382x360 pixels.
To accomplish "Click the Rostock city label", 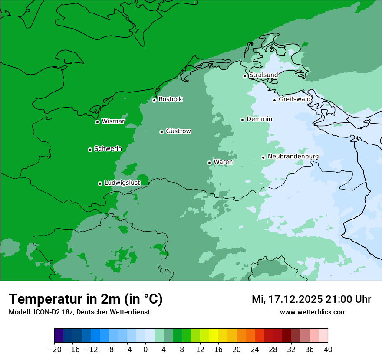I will click(170, 99).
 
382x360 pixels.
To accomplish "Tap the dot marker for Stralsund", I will click(245, 76).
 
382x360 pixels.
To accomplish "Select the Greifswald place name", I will click(295, 99).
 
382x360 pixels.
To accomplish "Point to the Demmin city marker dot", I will click(242, 120).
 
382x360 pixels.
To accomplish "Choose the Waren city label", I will click(223, 162).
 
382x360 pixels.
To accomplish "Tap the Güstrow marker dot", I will click(161, 132).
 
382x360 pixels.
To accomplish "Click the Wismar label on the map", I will click(112, 121).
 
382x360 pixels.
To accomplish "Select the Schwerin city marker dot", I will click(90, 150).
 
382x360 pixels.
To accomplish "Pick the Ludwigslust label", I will click(122, 183).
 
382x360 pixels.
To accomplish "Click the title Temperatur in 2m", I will click(86, 299).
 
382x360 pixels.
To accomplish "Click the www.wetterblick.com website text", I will click(313, 312).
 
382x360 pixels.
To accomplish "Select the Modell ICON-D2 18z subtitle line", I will click(79, 312).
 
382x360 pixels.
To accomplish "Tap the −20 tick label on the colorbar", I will click(54, 350).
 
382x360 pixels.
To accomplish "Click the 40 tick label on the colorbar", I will click(328, 350).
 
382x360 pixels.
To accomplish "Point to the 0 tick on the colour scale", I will click(145, 350).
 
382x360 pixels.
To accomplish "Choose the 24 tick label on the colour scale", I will click(255, 350).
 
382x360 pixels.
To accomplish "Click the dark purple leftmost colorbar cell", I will click(59, 336).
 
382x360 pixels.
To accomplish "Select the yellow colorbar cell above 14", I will click(214, 336).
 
